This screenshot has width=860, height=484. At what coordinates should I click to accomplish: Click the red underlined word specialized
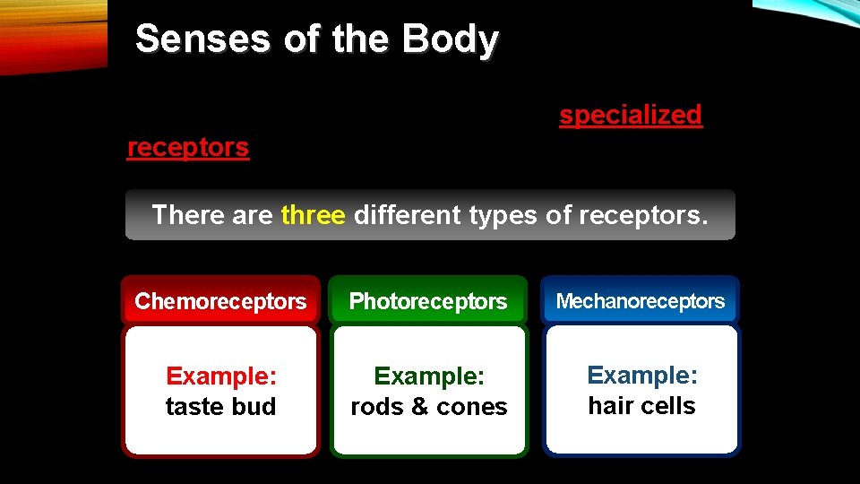click(631, 115)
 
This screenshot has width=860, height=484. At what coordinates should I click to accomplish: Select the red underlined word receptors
click(188, 147)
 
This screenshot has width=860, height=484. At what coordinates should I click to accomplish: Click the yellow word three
click(313, 215)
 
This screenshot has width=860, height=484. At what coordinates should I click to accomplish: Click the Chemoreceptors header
click(220, 301)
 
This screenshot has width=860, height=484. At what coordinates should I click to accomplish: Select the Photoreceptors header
click(428, 301)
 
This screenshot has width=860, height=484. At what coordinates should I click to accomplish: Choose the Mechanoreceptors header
click(641, 301)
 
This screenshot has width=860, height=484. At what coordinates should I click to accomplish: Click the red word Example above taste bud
click(219, 376)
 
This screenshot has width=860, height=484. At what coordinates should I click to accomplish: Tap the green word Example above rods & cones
click(428, 376)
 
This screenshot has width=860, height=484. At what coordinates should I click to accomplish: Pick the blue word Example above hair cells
click(641, 375)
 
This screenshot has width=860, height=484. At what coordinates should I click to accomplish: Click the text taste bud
click(220, 406)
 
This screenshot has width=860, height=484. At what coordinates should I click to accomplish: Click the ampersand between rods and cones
click(418, 407)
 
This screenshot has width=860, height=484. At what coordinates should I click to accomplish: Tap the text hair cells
click(641, 405)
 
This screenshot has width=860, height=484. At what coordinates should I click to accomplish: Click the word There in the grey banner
click(185, 215)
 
